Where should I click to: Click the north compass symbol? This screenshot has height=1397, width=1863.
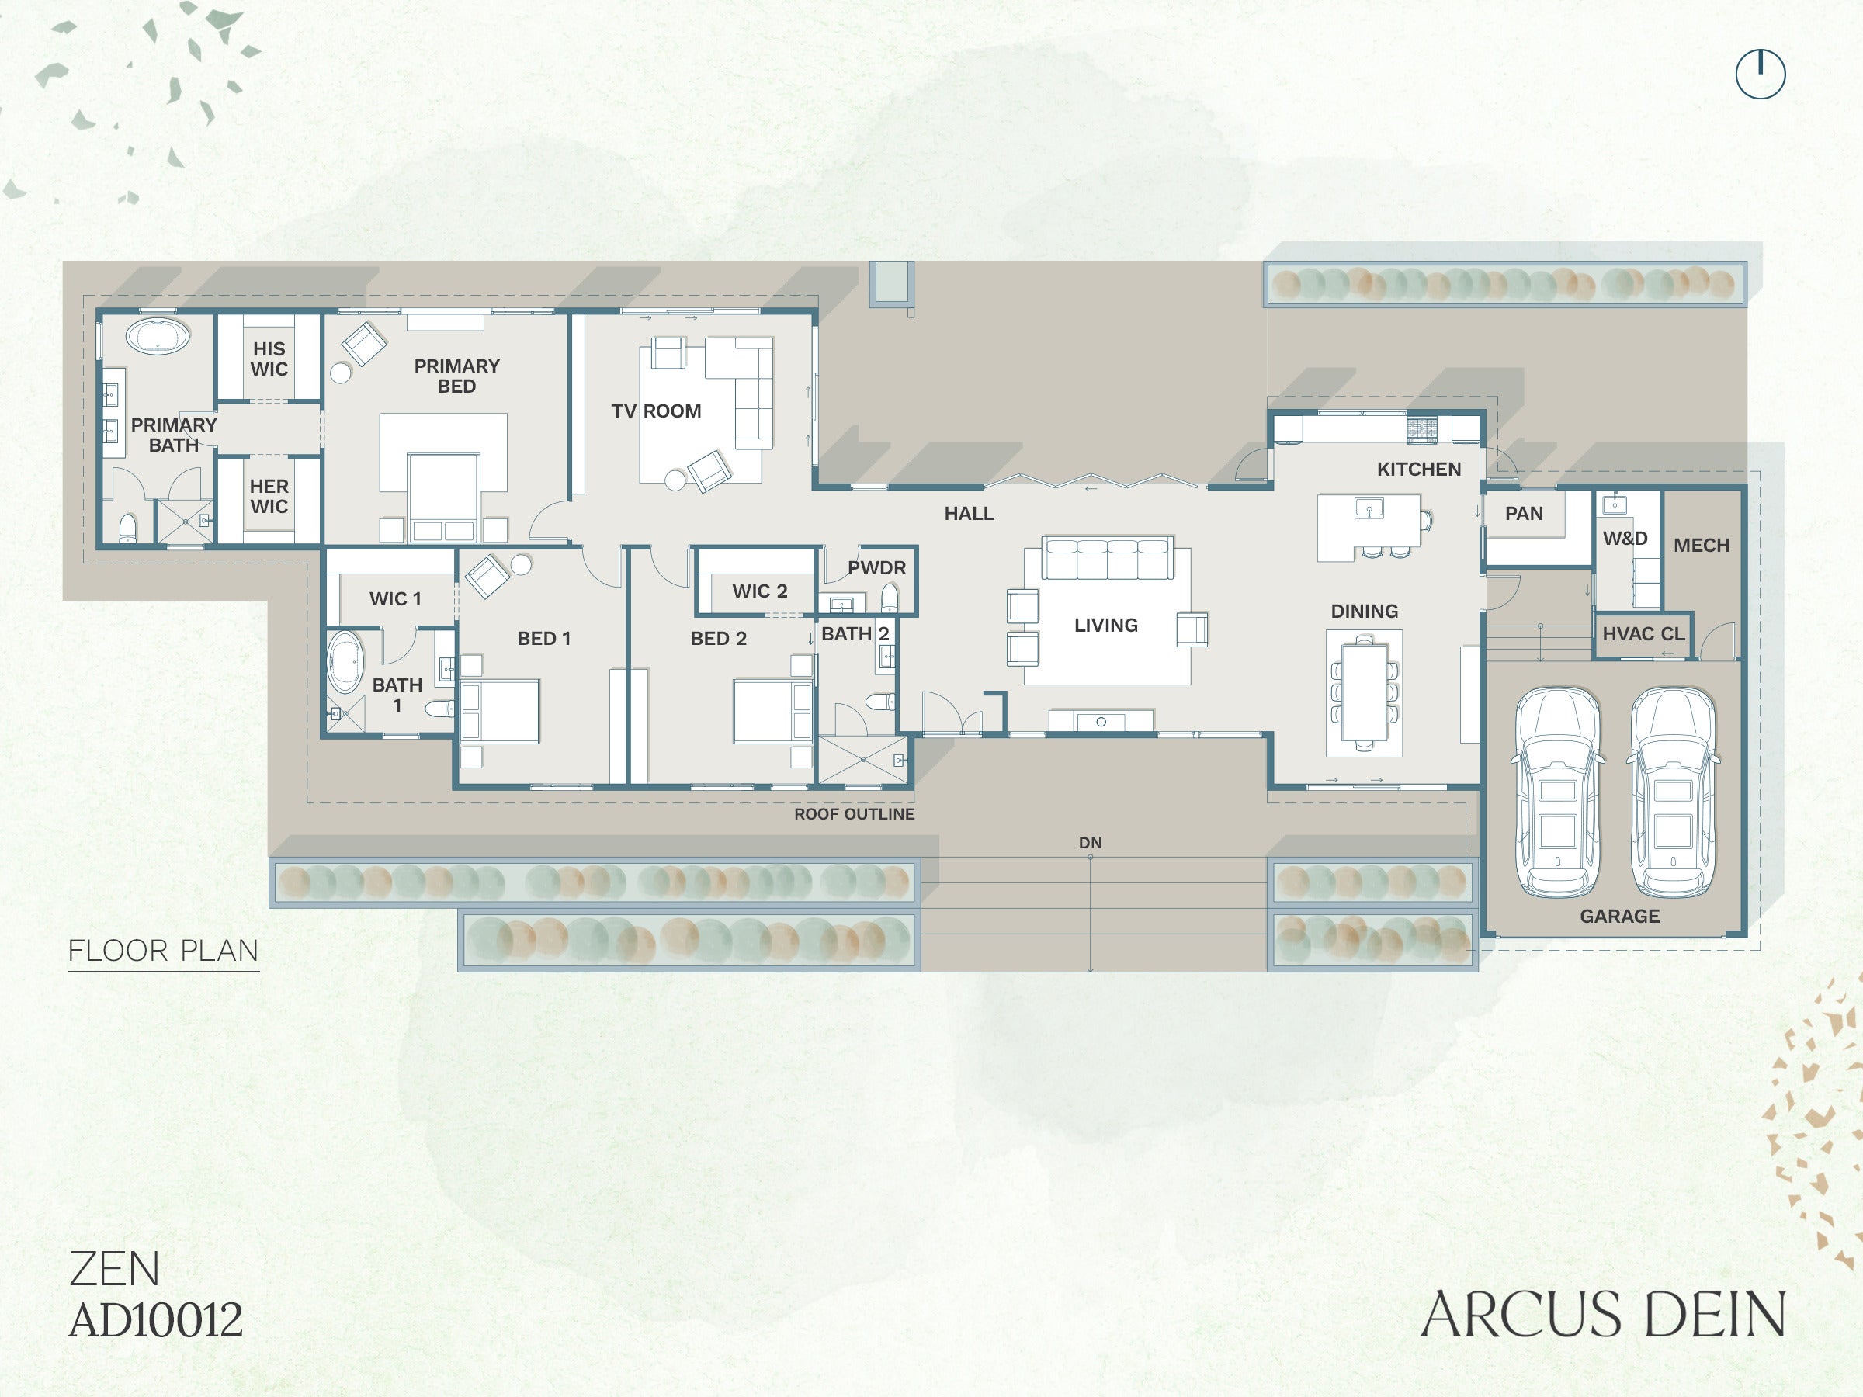[1761, 74]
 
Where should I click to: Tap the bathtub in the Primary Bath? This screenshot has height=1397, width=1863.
[158, 336]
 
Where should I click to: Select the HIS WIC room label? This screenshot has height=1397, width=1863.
[269, 359]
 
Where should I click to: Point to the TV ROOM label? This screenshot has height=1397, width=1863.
[656, 411]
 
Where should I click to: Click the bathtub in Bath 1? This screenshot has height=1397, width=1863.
[345, 662]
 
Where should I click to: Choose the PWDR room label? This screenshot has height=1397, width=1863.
[876, 567]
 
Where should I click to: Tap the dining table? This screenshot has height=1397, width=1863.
[1365, 692]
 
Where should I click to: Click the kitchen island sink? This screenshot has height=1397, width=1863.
[1369, 508]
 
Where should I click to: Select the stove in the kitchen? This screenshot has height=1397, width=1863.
[1423, 429]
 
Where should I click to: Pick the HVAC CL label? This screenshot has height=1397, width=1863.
[1643, 634]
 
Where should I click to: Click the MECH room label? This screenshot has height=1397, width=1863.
[1702, 546]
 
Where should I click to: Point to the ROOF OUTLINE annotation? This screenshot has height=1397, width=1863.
[854, 814]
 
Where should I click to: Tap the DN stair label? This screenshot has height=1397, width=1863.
[1090, 843]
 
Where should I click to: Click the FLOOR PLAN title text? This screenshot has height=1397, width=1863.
[163, 951]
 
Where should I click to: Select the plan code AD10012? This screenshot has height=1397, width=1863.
[156, 1319]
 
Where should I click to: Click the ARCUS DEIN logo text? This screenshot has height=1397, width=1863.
[1603, 1315]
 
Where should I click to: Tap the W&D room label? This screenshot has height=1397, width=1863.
[1625, 539]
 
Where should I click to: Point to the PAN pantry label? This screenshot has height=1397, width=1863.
[1524, 514]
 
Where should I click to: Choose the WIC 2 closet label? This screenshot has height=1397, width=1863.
[760, 591]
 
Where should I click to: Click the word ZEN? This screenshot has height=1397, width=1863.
[113, 1269]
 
